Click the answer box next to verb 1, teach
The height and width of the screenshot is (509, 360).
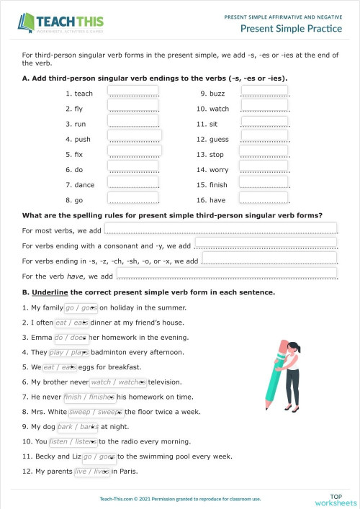pos(133,92)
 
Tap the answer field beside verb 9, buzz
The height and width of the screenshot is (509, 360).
pos(264,92)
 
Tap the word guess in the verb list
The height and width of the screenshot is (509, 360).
pos(219,140)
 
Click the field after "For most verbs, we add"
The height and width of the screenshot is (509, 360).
pos(220,230)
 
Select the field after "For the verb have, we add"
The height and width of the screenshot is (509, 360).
pos(227,275)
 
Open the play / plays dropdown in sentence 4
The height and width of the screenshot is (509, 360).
pos(69,353)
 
